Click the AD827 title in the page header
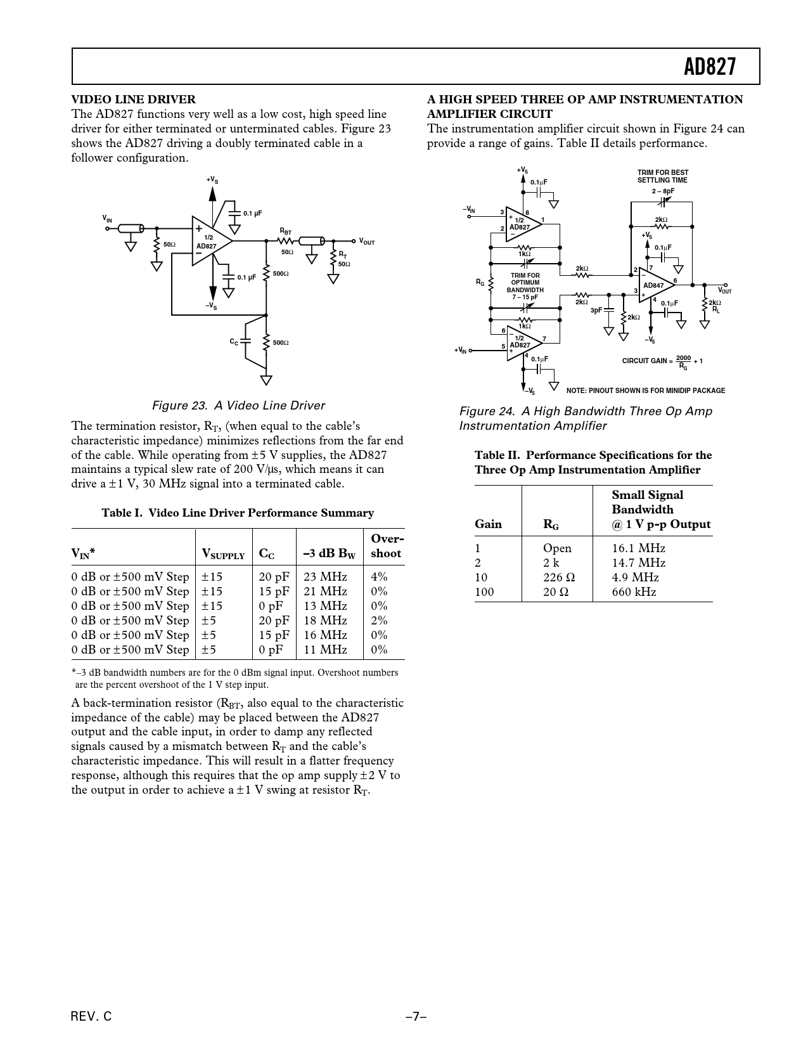point(710,67)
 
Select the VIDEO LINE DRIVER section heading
point(133,100)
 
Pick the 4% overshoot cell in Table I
point(379,577)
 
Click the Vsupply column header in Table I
point(222,554)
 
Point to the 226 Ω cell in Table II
point(559,578)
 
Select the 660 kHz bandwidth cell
point(634,592)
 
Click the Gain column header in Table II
point(488,524)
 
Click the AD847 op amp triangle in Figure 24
point(655,285)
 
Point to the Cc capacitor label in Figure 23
point(234,342)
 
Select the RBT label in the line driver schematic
point(286,232)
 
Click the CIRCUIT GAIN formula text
point(662,362)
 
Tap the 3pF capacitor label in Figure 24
point(596,311)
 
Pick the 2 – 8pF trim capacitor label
point(663,191)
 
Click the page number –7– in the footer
point(416,1017)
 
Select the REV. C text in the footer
point(91,1017)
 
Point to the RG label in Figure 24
point(480,283)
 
